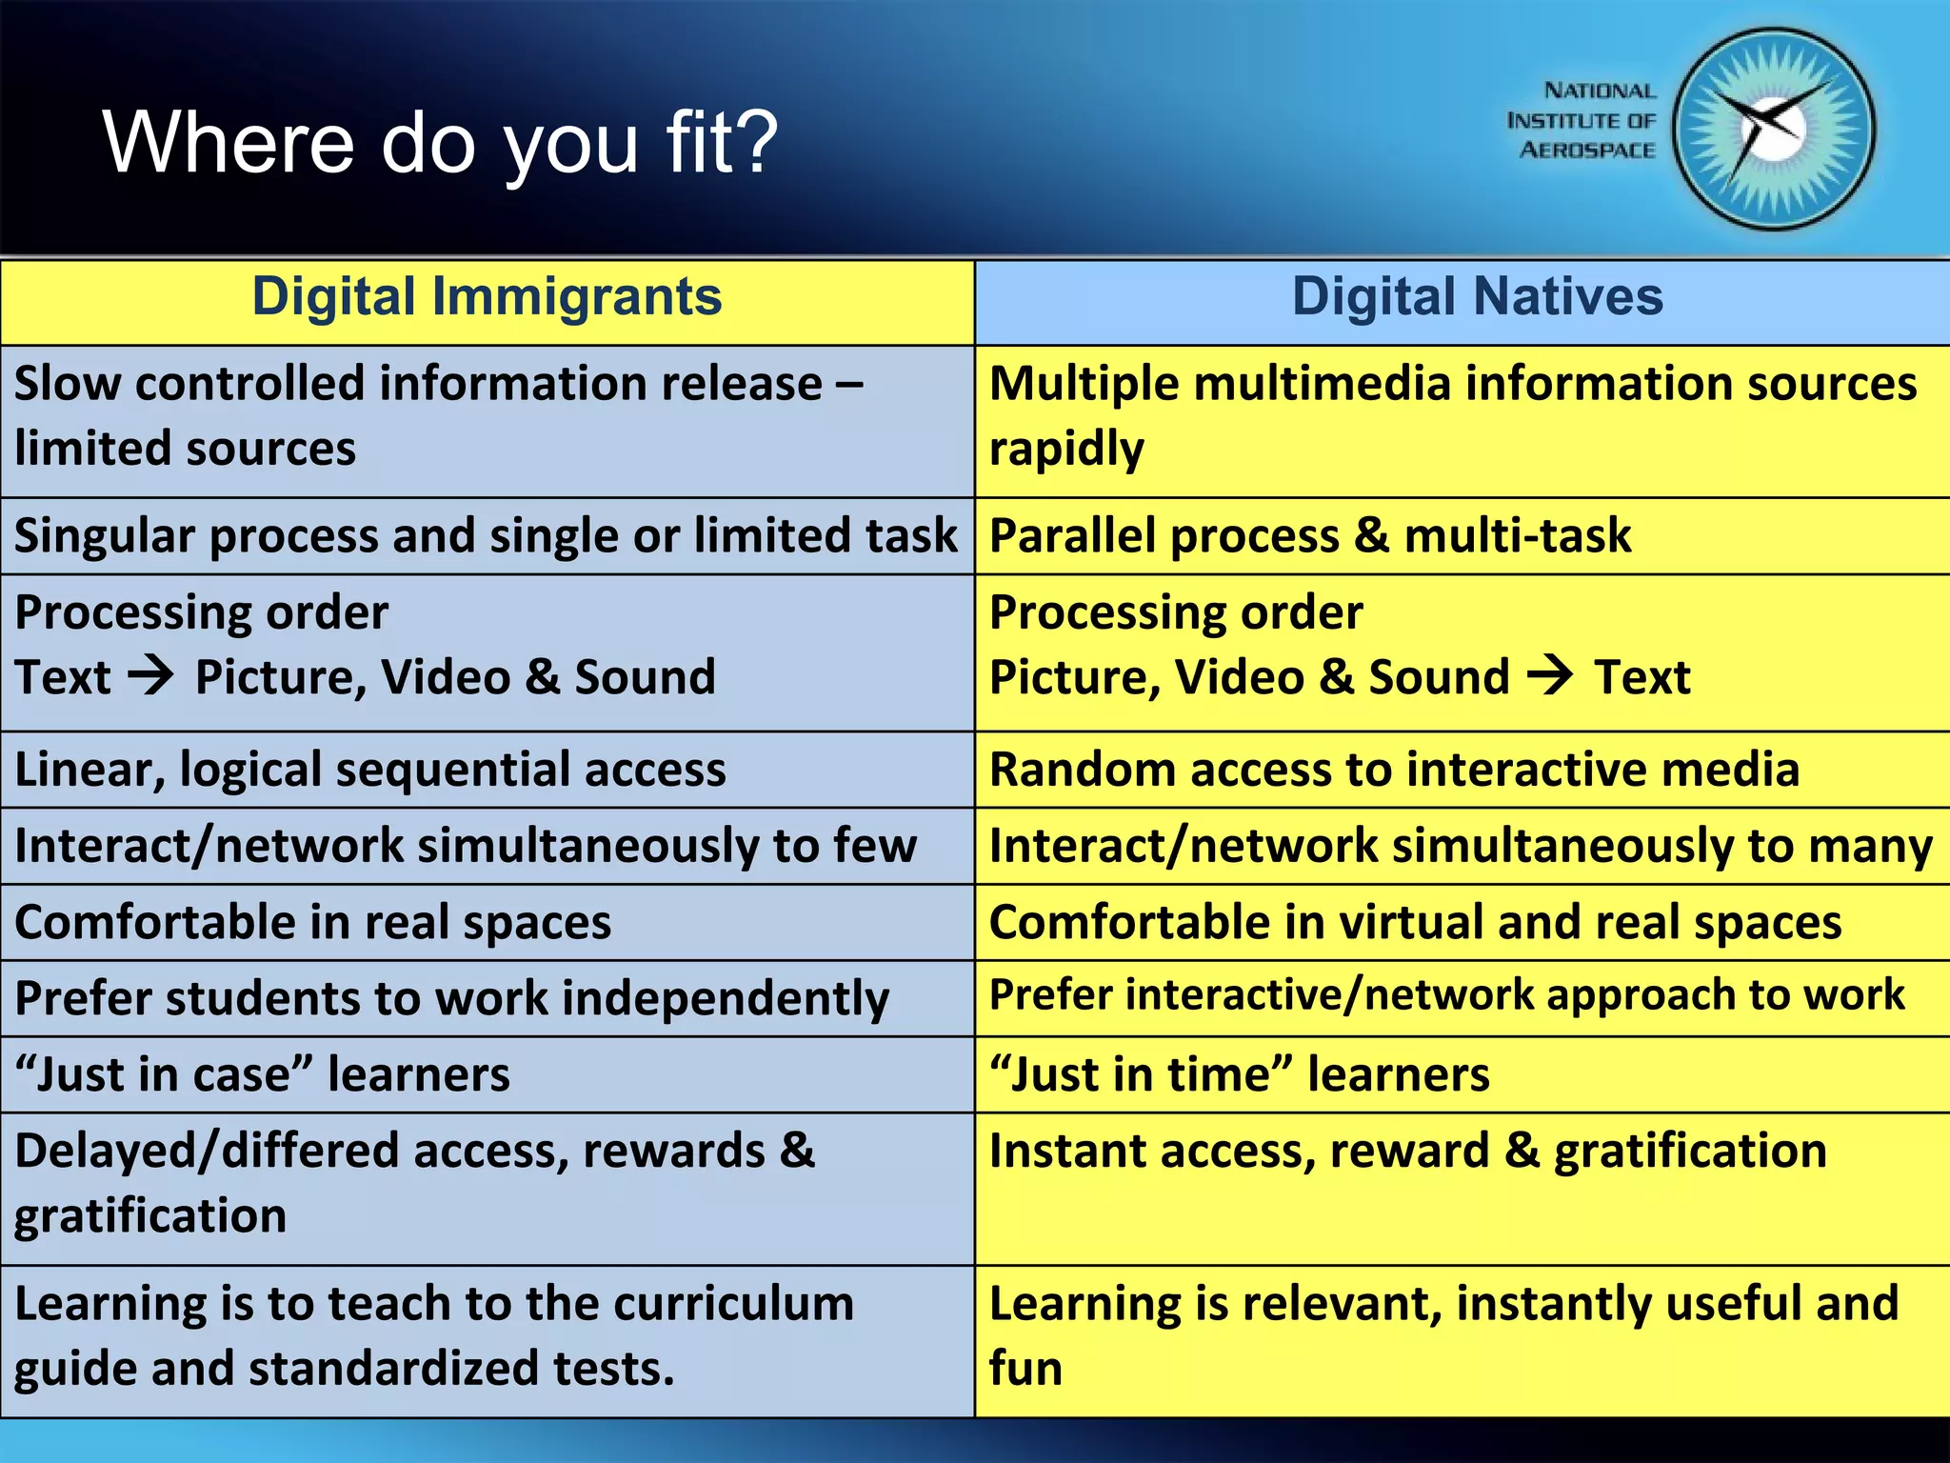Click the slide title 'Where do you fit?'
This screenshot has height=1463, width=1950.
tap(440, 143)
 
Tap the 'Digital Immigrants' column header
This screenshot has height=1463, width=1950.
tap(487, 297)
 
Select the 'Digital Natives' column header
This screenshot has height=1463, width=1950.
tap(1477, 297)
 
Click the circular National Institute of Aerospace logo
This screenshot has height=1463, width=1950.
tap(1773, 130)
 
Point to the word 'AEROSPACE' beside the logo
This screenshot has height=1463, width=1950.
tap(1587, 150)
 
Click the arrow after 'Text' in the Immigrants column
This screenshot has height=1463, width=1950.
tap(151, 676)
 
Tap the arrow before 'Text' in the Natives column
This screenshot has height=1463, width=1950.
tap(1550, 676)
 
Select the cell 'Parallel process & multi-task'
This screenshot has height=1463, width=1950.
tap(1310, 535)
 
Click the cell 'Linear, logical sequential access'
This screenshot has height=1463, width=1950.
tap(370, 770)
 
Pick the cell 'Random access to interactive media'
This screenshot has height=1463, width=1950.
tap(1394, 770)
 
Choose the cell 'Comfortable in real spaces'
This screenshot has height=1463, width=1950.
tap(313, 922)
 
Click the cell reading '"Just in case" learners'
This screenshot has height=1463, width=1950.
tap(263, 1074)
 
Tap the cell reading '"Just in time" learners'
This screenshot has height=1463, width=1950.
tap(1240, 1074)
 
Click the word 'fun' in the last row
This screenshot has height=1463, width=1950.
tap(1025, 1369)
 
